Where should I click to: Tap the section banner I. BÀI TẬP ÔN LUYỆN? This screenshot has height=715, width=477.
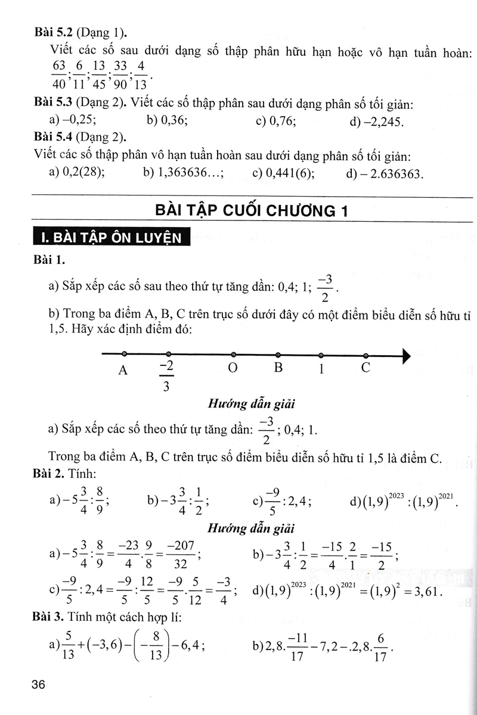pos(111,238)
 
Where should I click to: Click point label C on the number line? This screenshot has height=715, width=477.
pos(366,368)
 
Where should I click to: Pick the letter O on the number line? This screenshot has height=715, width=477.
pos(233,368)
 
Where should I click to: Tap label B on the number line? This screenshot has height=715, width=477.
pos(277,368)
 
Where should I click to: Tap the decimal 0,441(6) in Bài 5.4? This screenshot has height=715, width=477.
pos(283,173)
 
